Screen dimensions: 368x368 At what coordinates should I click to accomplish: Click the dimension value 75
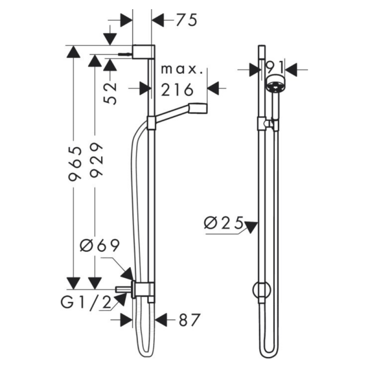click(186, 20)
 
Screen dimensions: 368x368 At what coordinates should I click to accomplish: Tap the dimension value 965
click(75, 164)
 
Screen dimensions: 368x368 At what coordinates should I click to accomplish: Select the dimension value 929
click(96, 160)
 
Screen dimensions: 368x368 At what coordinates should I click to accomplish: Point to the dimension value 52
click(110, 93)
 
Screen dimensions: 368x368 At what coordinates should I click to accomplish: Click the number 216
click(177, 90)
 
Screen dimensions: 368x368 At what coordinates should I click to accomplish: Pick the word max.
click(182, 70)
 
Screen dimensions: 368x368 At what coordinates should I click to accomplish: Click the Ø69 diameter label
click(100, 246)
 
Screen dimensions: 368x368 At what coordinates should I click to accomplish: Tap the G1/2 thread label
click(86, 303)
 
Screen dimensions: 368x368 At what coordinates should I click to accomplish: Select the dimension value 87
click(190, 320)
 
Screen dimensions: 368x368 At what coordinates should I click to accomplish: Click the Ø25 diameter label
click(224, 223)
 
